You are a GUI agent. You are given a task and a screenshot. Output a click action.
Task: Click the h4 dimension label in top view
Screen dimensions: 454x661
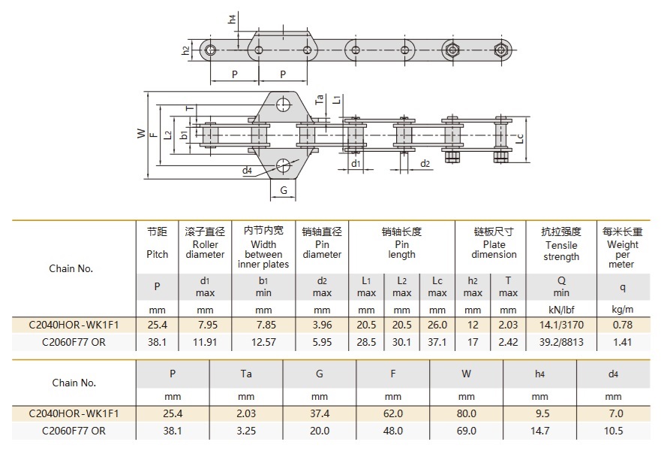point(233,18)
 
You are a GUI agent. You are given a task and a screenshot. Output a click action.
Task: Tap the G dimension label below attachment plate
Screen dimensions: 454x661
point(284,190)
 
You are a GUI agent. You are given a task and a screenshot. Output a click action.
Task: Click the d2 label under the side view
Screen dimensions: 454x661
point(425,163)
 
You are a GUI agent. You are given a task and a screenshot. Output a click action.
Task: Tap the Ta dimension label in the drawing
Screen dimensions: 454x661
point(320,98)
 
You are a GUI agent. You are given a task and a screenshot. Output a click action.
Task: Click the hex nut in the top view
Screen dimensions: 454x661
point(452,50)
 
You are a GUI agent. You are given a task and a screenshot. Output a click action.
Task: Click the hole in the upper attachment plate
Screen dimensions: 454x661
point(283,104)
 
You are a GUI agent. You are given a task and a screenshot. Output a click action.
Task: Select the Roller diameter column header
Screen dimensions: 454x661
point(205,244)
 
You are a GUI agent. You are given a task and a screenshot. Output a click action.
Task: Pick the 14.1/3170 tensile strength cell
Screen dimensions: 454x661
point(561,325)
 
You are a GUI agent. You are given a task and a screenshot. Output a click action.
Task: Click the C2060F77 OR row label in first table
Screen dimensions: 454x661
point(73,342)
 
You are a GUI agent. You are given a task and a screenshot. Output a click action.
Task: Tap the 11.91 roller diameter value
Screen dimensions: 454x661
point(205,342)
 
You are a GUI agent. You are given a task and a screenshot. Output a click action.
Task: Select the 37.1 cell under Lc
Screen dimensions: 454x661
point(437,342)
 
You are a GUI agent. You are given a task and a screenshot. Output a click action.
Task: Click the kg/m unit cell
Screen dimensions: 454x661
point(622,309)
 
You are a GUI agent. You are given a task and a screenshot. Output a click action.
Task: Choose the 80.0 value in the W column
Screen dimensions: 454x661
point(466,413)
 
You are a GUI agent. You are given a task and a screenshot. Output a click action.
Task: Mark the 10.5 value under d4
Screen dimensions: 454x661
point(613,431)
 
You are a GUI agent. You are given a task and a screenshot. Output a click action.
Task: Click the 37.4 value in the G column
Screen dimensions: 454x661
point(320,413)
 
